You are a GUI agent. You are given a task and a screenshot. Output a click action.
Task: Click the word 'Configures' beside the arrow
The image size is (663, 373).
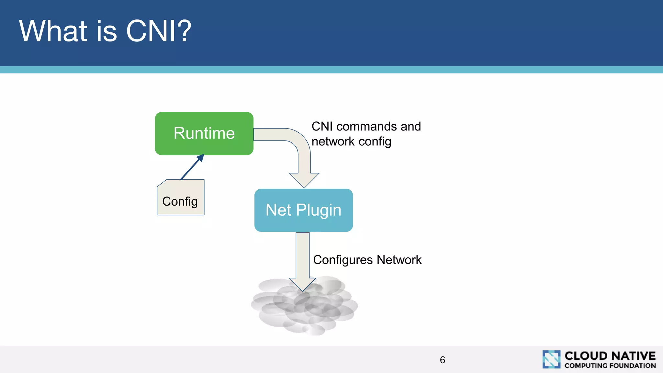coord(343,260)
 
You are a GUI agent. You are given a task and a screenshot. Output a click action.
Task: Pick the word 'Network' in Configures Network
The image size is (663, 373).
coord(399,260)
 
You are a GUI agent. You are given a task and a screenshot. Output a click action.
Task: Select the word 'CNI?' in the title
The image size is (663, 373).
coord(159,31)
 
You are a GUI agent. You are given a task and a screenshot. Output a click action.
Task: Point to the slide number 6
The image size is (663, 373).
coord(442,360)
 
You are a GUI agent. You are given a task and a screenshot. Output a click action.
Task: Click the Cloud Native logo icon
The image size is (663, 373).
coord(551,359)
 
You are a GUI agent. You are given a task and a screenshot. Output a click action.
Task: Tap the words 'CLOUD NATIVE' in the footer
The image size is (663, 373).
coord(610,356)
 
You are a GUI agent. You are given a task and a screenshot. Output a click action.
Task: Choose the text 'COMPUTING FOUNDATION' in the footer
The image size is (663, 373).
coord(610,366)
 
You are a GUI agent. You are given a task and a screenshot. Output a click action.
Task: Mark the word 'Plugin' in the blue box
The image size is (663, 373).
coord(319,210)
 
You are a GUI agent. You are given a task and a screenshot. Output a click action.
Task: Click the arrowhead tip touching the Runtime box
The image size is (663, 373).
coord(202,156)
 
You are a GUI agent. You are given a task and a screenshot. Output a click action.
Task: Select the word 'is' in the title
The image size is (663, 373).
coord(107,31)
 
